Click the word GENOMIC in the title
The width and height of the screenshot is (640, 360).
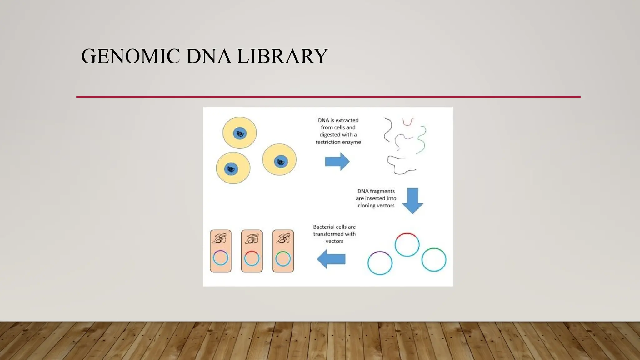coord(130,56)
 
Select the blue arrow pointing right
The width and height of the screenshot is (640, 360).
coord(337,162)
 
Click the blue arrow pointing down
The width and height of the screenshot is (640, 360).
coord(412,201)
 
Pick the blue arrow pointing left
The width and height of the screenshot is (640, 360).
coord(331,259)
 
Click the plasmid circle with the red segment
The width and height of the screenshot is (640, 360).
coord(407,245)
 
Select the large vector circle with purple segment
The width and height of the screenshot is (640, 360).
coord(380,263)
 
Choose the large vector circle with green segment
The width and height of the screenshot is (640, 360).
coord(434,260)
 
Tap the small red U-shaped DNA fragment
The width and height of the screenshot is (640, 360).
coord(407,122)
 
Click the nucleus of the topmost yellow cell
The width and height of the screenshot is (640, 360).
coord(240,133)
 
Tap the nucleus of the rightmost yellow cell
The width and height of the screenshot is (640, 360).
coord(281,162)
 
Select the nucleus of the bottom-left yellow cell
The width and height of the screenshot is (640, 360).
coord(231,169)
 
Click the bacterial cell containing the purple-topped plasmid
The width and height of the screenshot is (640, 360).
coord(221,251)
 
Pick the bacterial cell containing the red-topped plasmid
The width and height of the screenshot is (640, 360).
coord(252,251)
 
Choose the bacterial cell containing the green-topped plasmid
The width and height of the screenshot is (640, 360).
coord(283,251)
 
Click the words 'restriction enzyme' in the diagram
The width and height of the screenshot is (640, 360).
coord(338,142)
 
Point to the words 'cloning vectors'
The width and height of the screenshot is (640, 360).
coord(376,206)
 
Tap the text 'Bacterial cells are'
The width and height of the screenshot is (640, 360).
coord(334,227)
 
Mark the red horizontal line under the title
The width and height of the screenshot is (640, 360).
coord(328,97)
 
